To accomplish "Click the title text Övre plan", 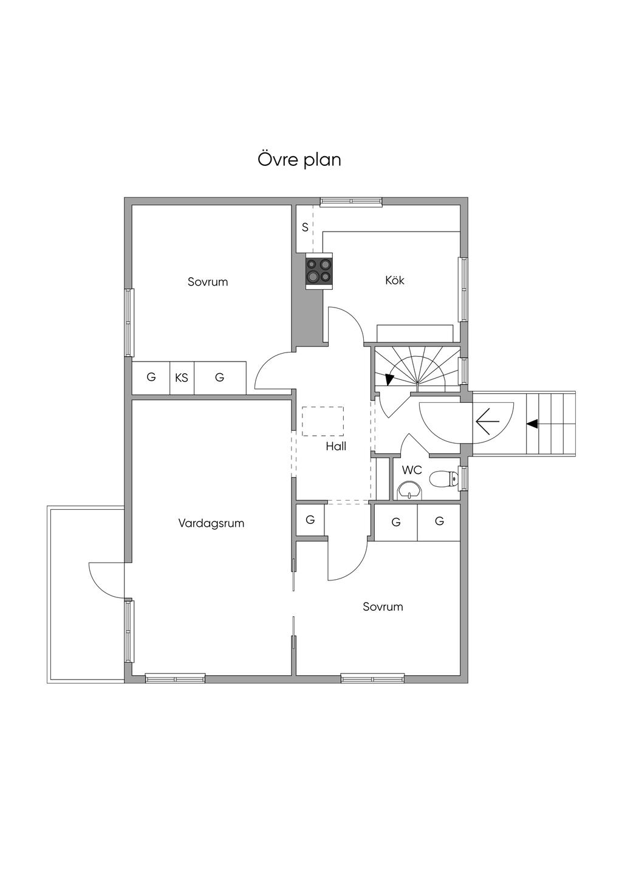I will (299, 159).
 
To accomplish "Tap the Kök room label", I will (395, 280).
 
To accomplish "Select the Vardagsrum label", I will (211, 523).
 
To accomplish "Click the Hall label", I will (336, 447).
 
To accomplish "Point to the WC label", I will (412, 470).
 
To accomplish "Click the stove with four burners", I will (320, 270).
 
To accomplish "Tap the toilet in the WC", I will (443, 480).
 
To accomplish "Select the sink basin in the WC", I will (409, 490).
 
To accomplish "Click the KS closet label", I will (182, 378).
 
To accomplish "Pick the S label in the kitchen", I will (305, 228).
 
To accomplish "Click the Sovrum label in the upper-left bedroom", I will (208, 282).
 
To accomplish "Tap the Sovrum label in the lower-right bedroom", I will (383, 607).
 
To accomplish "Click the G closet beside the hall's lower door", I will (310, 520).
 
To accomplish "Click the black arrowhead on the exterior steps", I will (532, 424).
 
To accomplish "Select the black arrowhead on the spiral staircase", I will (389, 379).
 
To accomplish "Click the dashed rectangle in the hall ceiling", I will (323, 421).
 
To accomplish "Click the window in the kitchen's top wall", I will (351, 202).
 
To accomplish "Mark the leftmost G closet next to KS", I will (151, 377).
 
